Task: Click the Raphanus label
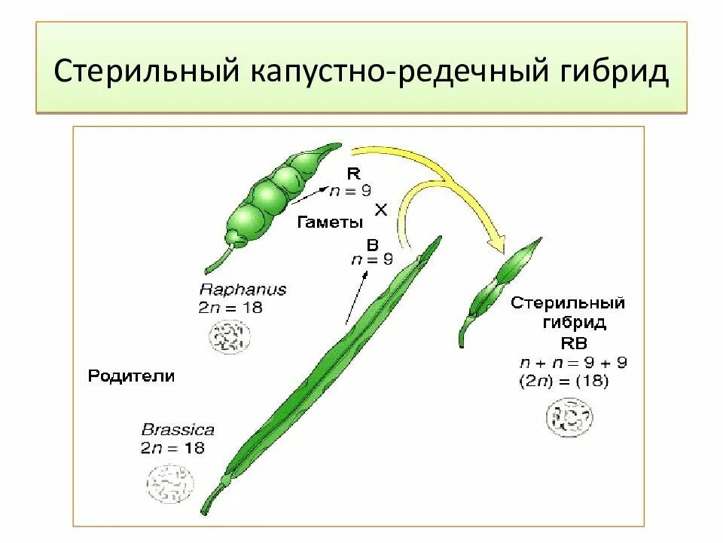coord(243,290)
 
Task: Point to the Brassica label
coord(178,431)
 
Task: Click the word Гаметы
coord(330,222)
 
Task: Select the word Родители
coord(131,376)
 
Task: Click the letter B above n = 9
coord(372,244)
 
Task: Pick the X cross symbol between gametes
coord(381,210)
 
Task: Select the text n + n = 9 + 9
coord(572,362)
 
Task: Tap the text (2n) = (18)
coord(563,382)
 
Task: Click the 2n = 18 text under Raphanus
coord(230,308)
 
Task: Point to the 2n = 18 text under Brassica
coord(172,448)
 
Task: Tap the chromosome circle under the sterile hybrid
coord(569,418)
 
